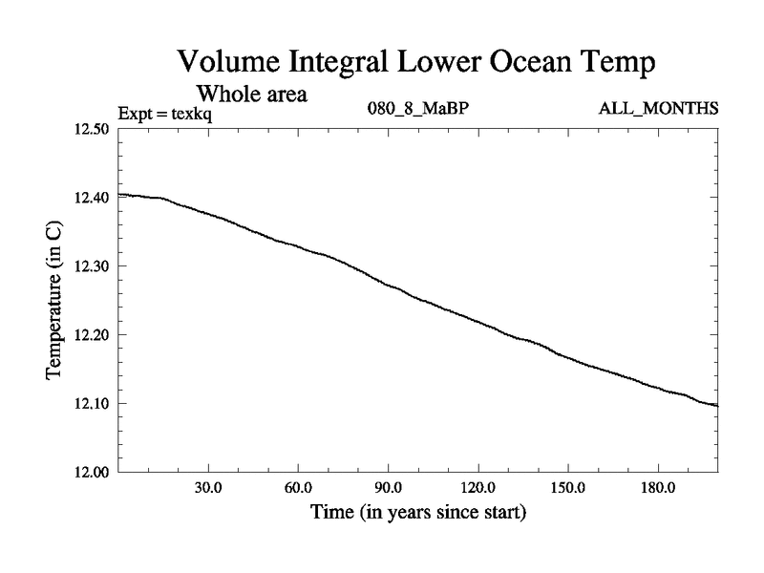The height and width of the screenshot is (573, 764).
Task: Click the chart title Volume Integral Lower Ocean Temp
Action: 417,65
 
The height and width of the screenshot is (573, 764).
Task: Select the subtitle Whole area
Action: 250,95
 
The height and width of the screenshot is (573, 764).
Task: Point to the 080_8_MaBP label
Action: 418,109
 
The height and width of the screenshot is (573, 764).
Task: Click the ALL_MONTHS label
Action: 658,109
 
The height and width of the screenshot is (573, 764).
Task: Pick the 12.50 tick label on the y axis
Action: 93,129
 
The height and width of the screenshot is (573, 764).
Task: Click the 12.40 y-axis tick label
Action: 93,198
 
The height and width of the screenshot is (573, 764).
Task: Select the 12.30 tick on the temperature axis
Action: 93,266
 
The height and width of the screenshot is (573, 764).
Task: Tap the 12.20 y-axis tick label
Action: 93,335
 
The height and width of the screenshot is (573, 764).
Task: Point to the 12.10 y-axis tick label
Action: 93,404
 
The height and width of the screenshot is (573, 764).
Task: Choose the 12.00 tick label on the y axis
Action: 93,473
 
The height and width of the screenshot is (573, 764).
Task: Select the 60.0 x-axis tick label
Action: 298,488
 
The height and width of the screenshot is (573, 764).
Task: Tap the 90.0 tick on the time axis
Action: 388,488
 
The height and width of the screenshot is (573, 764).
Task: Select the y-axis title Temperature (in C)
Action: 55,300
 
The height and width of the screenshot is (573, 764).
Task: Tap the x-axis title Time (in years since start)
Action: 418,514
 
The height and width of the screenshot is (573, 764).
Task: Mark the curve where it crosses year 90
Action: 388,285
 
